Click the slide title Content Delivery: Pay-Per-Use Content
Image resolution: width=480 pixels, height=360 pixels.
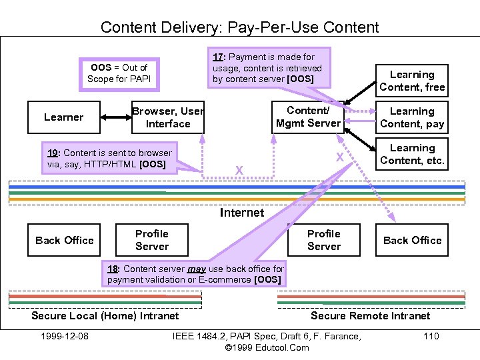239,27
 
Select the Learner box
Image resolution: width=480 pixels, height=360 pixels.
64,117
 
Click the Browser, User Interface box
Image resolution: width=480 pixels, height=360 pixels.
168,117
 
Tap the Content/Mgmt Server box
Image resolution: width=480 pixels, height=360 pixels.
308,117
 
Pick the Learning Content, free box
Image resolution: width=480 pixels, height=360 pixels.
412,81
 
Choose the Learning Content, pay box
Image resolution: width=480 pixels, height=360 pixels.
412,117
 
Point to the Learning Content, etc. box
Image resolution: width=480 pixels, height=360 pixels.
412,154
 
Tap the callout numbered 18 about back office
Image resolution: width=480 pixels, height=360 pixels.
195,274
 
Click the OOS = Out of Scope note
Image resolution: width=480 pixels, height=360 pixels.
119,73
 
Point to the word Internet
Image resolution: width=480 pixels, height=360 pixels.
242,213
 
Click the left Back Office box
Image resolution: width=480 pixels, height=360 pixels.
65,240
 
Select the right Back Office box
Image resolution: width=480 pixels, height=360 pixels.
412,240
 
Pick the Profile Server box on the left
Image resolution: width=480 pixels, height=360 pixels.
152,240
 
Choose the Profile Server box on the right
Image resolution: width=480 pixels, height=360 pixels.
324,240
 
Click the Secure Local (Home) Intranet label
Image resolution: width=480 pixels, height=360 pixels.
105,315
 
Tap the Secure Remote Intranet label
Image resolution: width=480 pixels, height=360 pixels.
371,315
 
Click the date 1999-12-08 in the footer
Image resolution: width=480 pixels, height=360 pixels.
65,335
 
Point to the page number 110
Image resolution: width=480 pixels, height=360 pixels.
431,335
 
